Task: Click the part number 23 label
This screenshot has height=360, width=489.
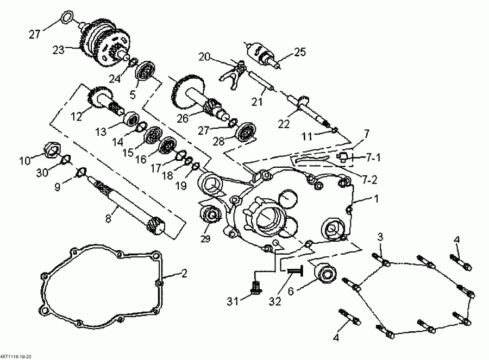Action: click(58, 49)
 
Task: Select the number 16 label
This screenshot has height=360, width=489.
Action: click(141, 160)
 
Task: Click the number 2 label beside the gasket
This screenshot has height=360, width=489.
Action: click(184, 274)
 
